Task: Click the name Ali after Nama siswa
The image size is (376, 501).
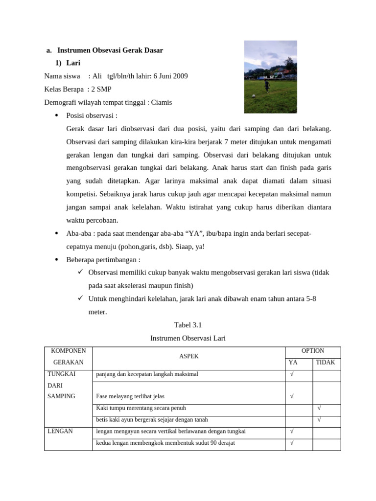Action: coord(97,76)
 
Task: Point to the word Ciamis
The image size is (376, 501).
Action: coord(162,103)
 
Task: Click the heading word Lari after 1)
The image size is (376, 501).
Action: coord(73,63)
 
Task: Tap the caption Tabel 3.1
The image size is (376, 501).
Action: coord(188,325)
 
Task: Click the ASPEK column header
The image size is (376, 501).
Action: coord(189,357)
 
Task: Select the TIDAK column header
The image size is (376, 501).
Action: coord(326,363)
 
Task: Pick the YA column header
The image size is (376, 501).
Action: coord(293,363)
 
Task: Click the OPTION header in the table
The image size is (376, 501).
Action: coord(312,351)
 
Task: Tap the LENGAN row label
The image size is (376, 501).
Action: coord(60,432)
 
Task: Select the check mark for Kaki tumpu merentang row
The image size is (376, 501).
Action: coord(319,408)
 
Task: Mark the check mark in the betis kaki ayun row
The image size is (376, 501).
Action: coord(319,420)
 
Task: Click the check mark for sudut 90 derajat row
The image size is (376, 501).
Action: coord(292,443)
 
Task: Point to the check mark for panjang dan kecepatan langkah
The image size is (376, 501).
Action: coord(292,375)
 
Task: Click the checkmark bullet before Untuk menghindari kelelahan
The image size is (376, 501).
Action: coord(80,298)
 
